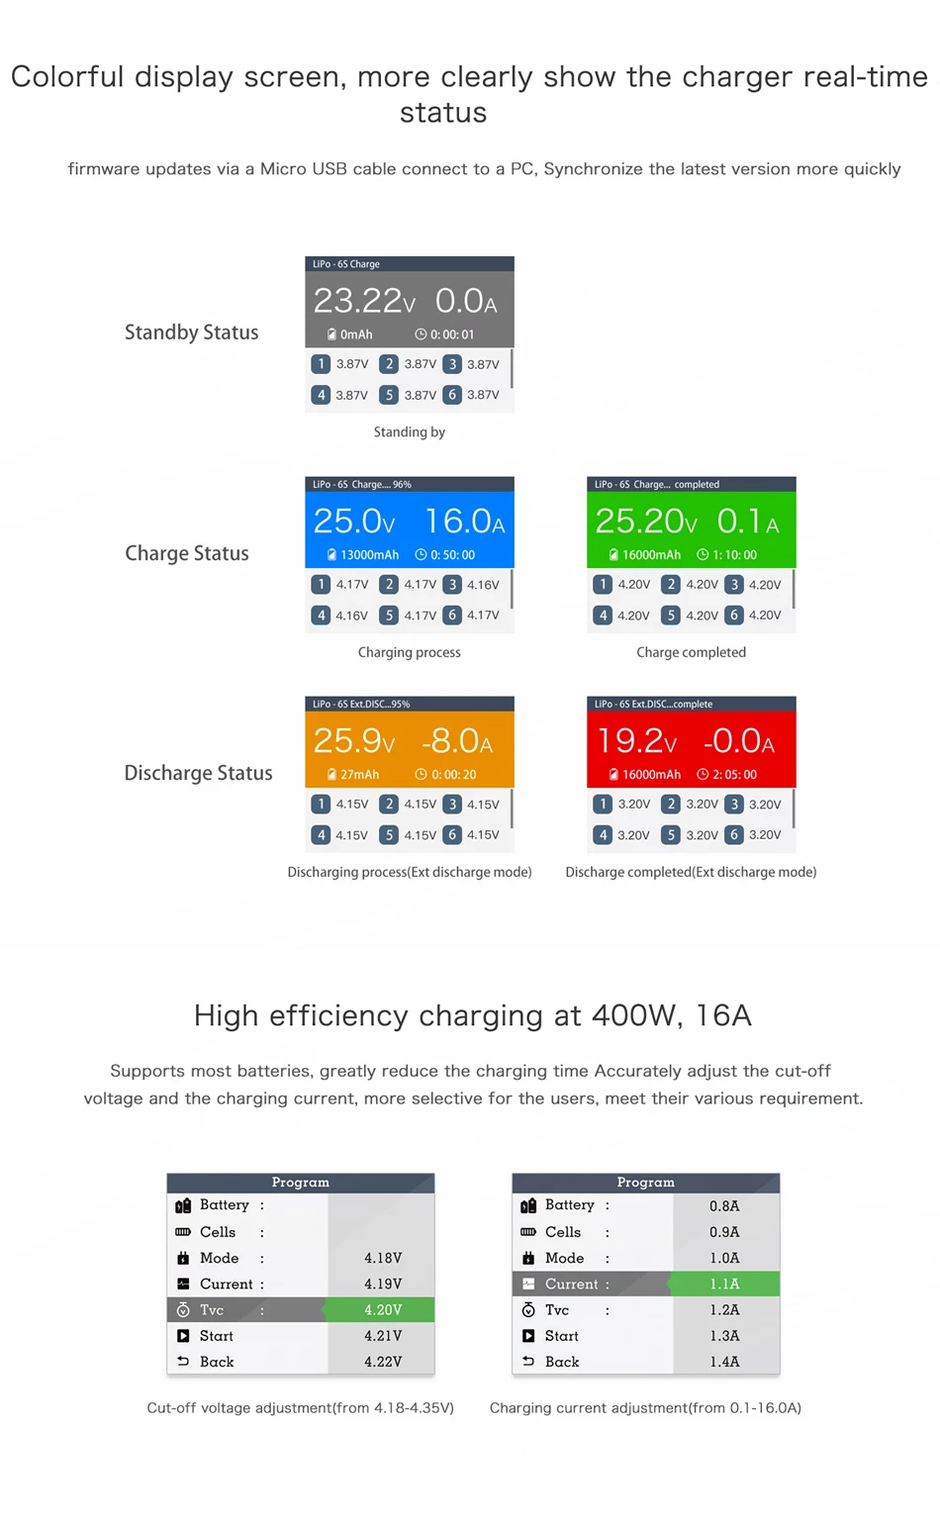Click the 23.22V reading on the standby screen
coord(363,301)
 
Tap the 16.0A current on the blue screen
coord(464,522)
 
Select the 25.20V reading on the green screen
coord(645,522)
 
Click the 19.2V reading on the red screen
coord(636,741)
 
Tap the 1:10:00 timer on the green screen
coord(727,555)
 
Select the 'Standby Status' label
coord(191,333)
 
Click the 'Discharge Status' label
coord(198,773)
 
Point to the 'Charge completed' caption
coord(691,652)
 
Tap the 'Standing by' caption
coord(409,432)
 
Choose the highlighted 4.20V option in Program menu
coord(382,1310)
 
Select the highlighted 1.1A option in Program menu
coord(724,1285)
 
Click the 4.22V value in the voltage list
coord(382,1362)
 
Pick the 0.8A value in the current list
coord(724,1206)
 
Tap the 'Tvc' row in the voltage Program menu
coord(212,1310)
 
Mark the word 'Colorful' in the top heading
coord(67,77)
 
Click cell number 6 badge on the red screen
coord(734,835)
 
